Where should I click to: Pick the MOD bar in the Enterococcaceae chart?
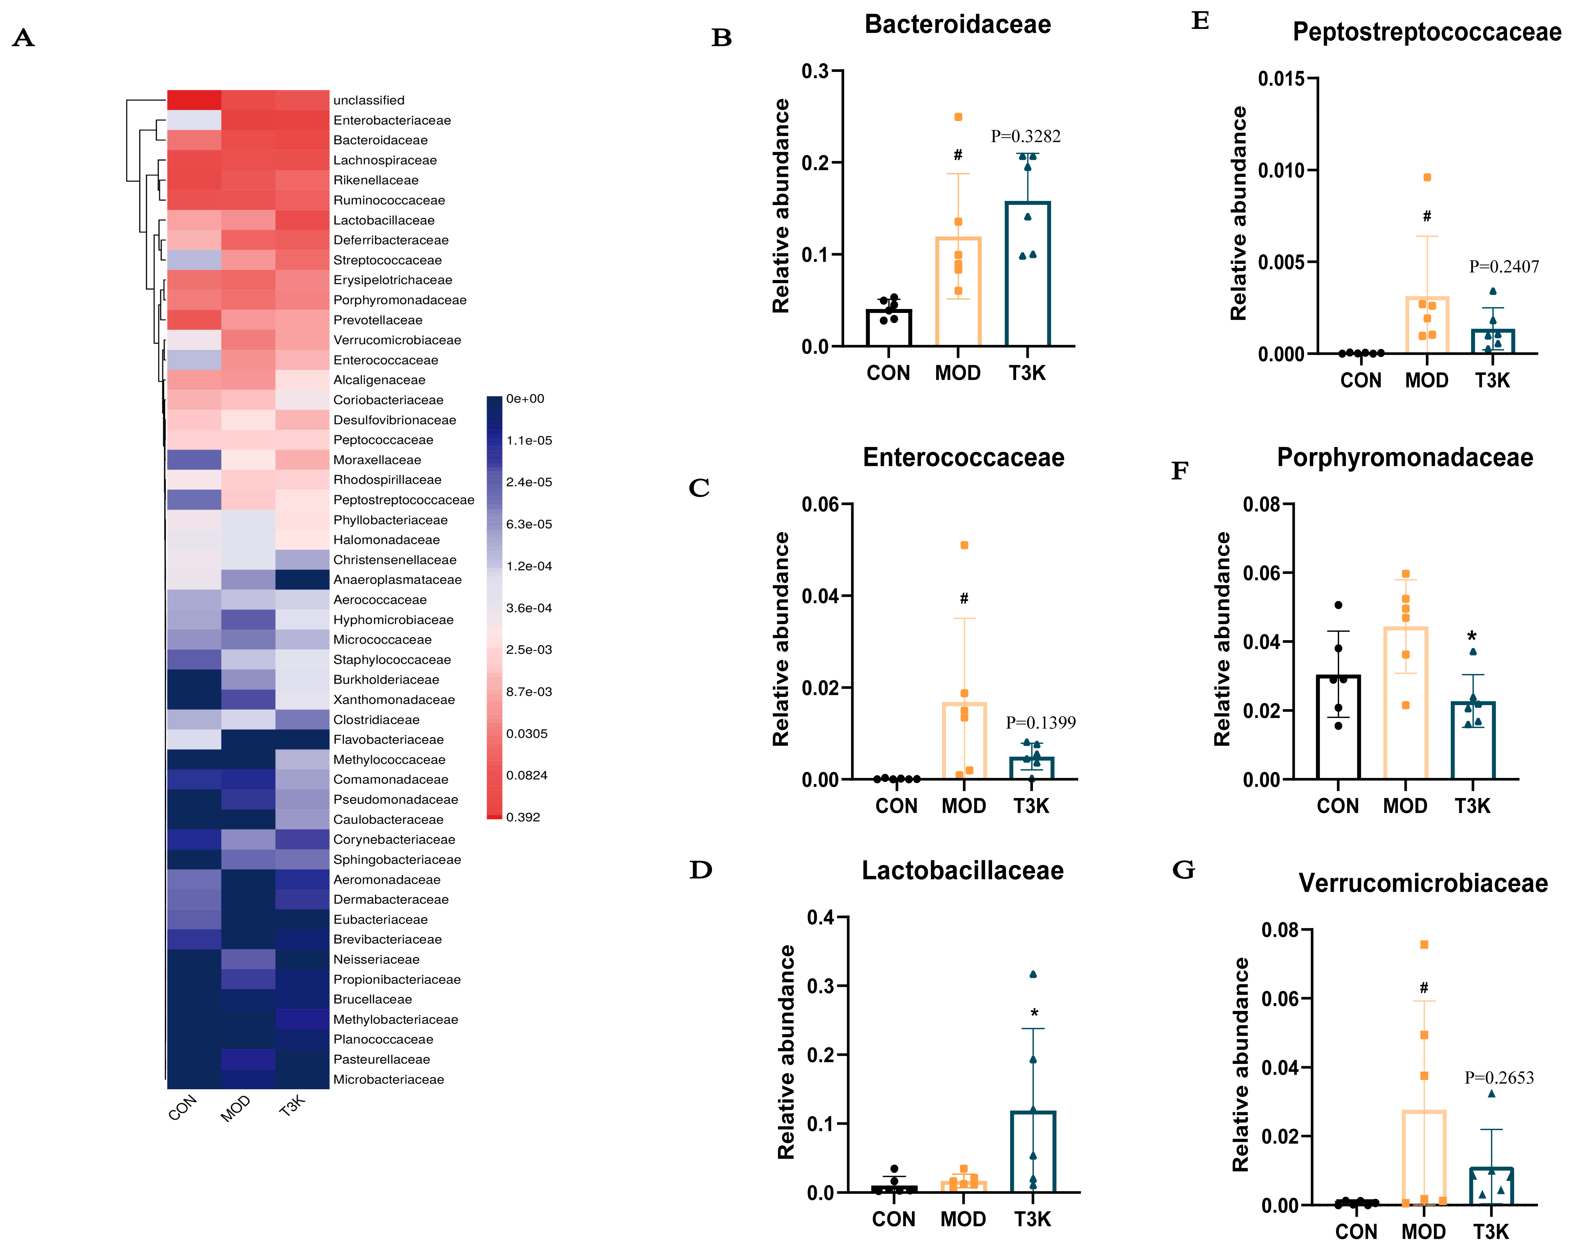(x=964, y=741)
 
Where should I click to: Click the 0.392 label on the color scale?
(x=523, y=817)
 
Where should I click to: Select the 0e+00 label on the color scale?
(x=525, y=398)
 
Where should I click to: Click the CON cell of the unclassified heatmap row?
(x=194, y=100)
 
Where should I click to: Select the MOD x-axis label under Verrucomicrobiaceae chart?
(x=1424, y=1232)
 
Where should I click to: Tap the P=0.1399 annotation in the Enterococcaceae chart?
(x=1040, y=722)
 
